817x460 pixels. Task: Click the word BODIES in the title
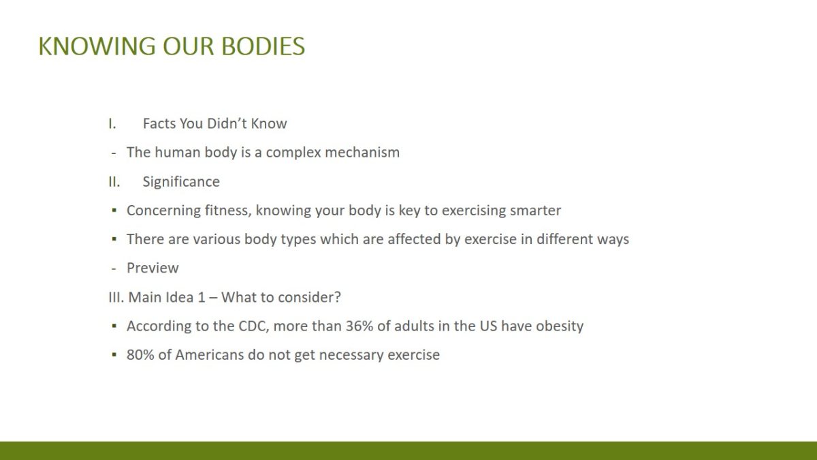tap(263, 46)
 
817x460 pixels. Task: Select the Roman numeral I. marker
tap(112, 124)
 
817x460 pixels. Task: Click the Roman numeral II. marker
tap(114, 182)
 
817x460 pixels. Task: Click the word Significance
tap(181, 182)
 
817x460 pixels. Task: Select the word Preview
tap(153, 268)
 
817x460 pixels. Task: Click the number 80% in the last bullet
tap(140, 355)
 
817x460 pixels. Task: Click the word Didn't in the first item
tap(226, 124)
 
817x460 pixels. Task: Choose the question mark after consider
tap(338, 297)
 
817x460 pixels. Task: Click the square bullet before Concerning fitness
tap(114, 211)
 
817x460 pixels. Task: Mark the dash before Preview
tap(114, 269)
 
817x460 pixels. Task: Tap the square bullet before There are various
tap(114, 239)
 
